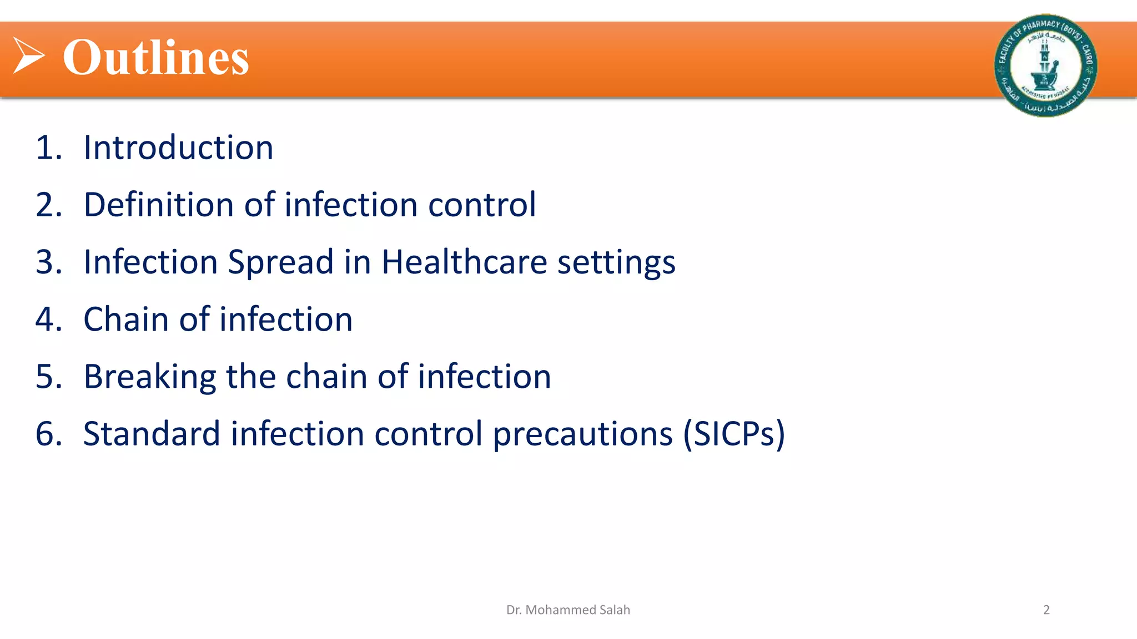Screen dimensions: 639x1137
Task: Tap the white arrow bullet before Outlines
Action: (28, 55)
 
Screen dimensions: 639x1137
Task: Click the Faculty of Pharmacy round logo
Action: (1045, 65)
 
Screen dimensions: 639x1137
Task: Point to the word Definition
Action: (158, 205)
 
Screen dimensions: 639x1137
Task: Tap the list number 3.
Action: (48, 262)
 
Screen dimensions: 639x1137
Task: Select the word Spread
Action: (280, 262)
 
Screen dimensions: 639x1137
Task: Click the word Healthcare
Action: (464, 262)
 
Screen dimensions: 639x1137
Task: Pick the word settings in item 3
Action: (616, 263)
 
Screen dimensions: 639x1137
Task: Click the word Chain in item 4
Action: (126, 319)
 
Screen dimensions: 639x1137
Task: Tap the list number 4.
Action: (48, 319)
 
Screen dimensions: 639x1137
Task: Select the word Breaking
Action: (149, 377)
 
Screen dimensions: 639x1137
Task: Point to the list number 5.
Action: (48, 377)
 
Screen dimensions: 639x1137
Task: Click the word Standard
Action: (152, 434)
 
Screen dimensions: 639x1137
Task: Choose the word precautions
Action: (583, 435)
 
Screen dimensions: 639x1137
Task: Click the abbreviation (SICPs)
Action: (734, 434)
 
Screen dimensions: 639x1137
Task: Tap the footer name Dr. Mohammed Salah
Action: (568, 610)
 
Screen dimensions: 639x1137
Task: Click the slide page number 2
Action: (1046, 610)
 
